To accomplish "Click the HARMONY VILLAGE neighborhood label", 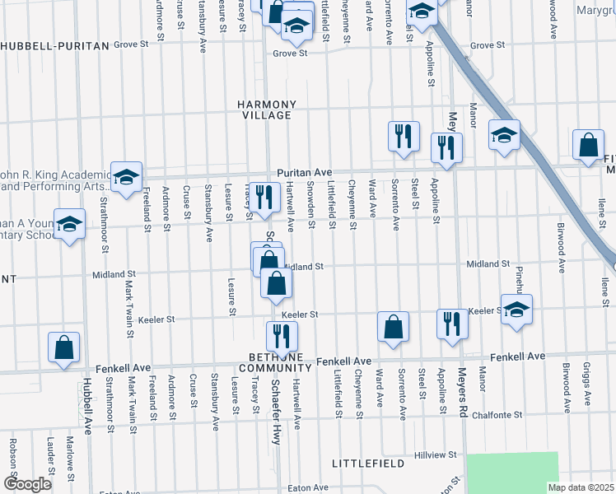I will pos(266,110).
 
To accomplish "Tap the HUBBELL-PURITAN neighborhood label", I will pos(54,46).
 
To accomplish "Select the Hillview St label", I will pos(436,454).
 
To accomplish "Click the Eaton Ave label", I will pos(309,487).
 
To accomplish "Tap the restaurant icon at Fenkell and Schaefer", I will pos(281,335).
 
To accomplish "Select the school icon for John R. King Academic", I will pos(126,177).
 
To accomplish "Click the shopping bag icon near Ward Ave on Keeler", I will pos(394,326).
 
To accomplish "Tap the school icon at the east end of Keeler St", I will pos(516,310).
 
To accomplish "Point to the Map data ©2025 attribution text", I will pos(580,487).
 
